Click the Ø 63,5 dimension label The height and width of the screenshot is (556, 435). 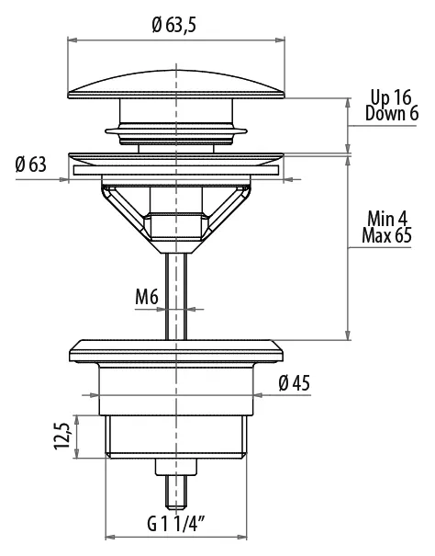(174, 25)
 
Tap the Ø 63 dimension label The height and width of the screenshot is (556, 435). (31, 165)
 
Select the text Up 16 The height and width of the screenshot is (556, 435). (391, 97)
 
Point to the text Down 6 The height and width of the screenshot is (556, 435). (392, 113)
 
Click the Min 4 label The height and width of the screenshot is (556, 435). (387, 219)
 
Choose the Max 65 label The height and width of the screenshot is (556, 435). (387, 235)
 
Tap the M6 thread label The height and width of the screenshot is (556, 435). (147, 297)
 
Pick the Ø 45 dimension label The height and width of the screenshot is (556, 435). (294, 383)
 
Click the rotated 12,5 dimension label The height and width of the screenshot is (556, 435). (62, 436)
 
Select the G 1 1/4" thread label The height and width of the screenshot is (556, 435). (176, 525)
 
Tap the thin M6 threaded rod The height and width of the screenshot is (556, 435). (176, 296)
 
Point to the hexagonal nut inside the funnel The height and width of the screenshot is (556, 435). (176, 226)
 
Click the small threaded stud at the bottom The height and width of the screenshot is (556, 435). (176, 492)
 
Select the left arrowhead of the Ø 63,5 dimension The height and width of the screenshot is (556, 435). (72, 40)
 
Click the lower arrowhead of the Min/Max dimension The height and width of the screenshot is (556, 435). (348, 335)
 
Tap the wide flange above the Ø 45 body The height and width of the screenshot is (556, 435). (176, 352)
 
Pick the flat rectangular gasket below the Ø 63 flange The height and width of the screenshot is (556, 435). (176, 170)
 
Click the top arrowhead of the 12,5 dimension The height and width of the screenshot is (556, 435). (76, 420)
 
